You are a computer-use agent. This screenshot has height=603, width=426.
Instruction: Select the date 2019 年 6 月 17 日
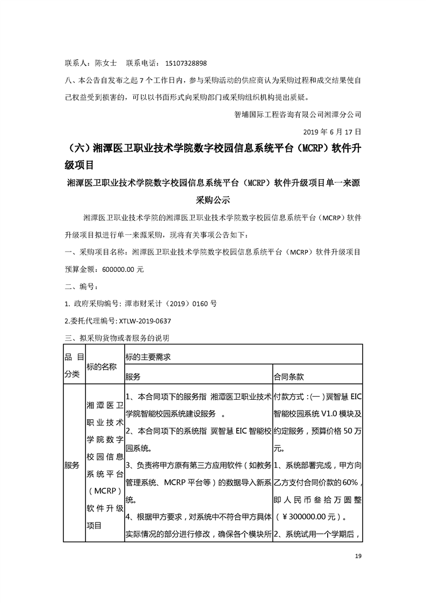[326, 131]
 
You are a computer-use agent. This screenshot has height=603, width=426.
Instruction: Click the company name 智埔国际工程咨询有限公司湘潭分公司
[298, 114]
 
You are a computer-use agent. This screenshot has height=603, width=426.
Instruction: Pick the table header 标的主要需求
[148, 356]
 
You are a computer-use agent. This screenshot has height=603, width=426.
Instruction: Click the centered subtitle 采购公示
[213, 200]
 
